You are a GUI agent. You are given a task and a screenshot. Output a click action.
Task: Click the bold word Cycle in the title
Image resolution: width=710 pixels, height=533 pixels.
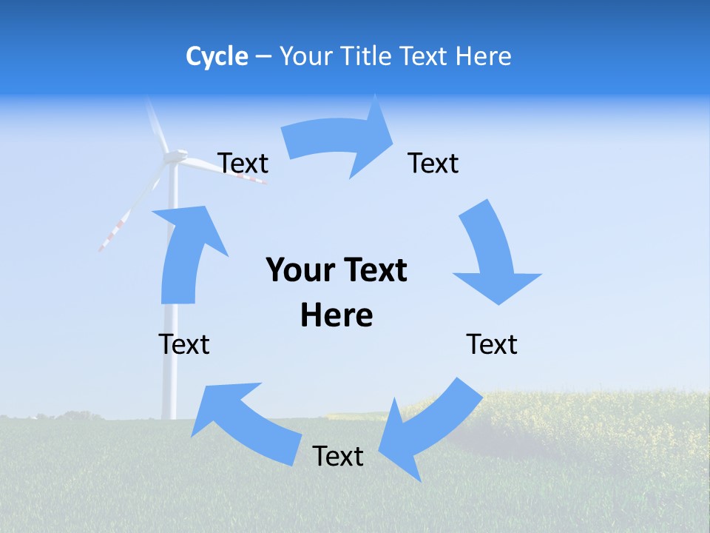point(217,56)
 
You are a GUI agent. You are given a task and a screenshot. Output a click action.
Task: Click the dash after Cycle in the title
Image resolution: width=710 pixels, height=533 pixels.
point(263,57)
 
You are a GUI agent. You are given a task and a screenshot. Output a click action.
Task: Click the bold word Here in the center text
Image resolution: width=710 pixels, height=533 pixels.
point(337,315)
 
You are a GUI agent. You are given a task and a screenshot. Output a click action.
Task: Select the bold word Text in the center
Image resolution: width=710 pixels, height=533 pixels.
point(373,270)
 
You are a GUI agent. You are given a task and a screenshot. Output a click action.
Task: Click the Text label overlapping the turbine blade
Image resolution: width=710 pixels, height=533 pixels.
point(243,163)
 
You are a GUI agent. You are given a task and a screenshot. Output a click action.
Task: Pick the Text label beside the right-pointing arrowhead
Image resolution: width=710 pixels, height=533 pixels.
point(433,163)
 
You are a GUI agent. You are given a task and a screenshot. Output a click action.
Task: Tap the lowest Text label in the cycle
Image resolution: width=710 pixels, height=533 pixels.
point(338,456)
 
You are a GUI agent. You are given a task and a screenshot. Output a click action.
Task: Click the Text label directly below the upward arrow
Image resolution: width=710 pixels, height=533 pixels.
point(184,344)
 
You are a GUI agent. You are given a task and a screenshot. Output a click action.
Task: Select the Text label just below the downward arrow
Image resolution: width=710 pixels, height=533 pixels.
point(492,344)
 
